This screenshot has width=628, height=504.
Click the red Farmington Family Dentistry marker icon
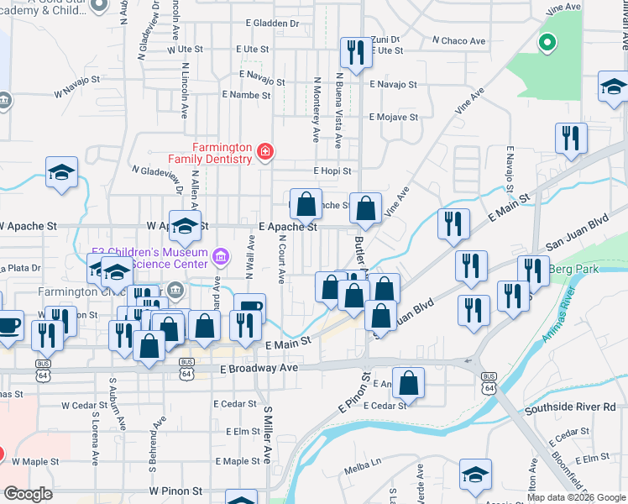[265, 151]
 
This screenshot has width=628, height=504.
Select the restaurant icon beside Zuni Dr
[354, 52]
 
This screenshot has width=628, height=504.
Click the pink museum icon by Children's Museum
[221, 255]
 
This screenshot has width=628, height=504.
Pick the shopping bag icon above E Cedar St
[408, 383]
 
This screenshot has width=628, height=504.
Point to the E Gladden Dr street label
[273, 24]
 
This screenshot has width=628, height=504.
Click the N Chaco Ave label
[459, 40]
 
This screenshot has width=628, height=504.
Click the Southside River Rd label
[570, 408]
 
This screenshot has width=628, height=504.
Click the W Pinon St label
[175, 490]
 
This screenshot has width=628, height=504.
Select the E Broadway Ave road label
[260, 368]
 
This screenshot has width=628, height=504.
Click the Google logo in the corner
[28, 494]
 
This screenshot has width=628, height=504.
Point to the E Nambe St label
[243, 96]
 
